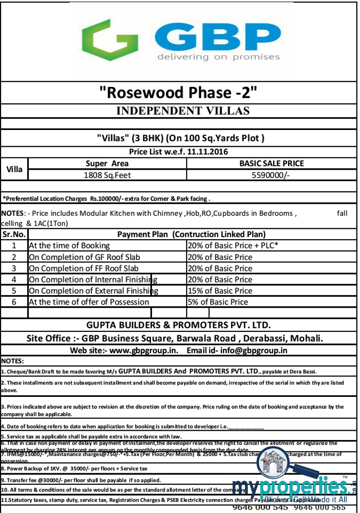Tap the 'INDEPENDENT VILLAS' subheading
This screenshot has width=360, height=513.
[x=182, y=110]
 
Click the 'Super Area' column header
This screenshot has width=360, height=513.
[x=107, y=163]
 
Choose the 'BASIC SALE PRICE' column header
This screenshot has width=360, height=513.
[x=271, y=163]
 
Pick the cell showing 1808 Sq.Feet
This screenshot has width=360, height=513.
[x=107, y=175]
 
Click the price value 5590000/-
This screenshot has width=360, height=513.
[x=271, y=175]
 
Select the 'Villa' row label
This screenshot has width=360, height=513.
[x=14, y=169]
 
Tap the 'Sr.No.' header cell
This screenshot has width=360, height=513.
[x=14, y=234]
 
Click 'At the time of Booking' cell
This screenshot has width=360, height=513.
[x=69, y=246]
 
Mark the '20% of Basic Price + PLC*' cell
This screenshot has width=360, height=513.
[x=233, y=246]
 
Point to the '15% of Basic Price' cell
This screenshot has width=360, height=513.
[x=220, y=291]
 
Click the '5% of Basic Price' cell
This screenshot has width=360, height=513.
[x=217, y=302]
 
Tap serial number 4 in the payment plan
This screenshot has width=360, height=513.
[x=14, y=279]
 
